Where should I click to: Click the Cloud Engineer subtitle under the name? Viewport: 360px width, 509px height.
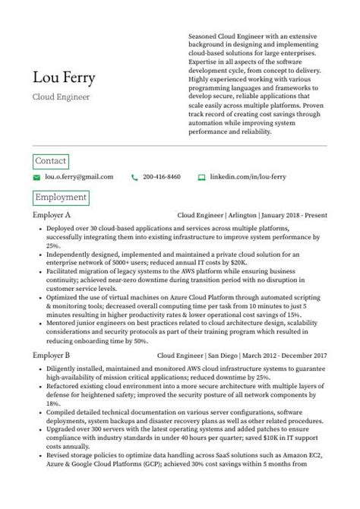pyautogui.click(x=61, y=97)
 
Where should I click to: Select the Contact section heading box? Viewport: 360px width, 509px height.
pyautogui.click(x=51, y=161)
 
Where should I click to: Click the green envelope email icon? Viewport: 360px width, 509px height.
pyautogui.click(x=36, y=177)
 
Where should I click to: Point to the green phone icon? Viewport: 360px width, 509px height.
pyautogui.click(x=134, y=177)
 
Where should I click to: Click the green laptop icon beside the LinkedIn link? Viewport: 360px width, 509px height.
pyautogui.click(x=201, y=177)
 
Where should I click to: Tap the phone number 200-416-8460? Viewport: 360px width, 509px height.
pyautogui.click(x=161, y=177)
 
